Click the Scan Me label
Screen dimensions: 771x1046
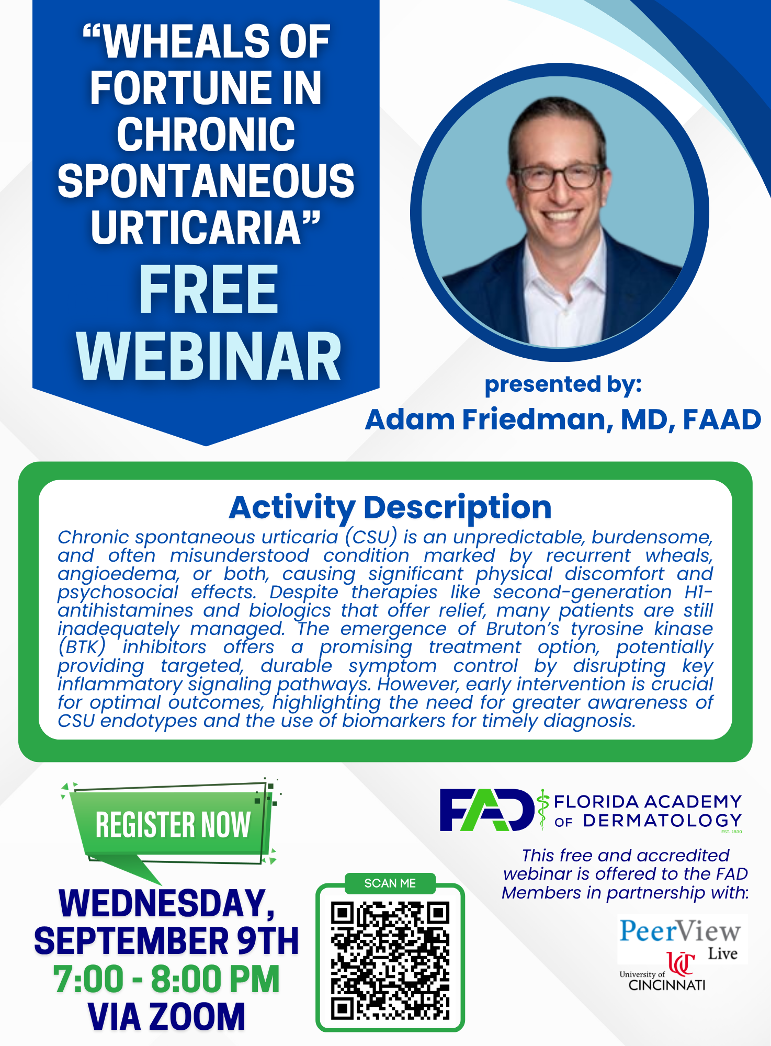click(x=390, y=883)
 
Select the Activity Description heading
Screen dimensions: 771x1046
click(x=390, y=507)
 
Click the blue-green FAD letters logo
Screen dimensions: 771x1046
click(x=486, y=810)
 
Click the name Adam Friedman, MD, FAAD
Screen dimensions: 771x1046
click(x=563, y=419)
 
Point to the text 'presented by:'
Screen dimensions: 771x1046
click(x=563, y=385)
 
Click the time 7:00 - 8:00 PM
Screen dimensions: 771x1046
click(x=166, y=979)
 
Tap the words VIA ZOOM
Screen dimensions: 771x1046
click(x=166, y=1016)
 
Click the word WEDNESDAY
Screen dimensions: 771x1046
click(x=166, y=904)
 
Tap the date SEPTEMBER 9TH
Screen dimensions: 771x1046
click(x=166, y=941)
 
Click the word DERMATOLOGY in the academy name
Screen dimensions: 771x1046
click(x=662, y=821)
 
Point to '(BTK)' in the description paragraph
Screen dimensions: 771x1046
click(x=82, y=647)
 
